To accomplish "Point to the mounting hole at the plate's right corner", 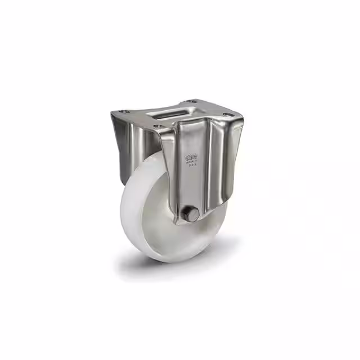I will [x=227, y=115].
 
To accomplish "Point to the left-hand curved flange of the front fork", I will [x=166, y=169].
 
